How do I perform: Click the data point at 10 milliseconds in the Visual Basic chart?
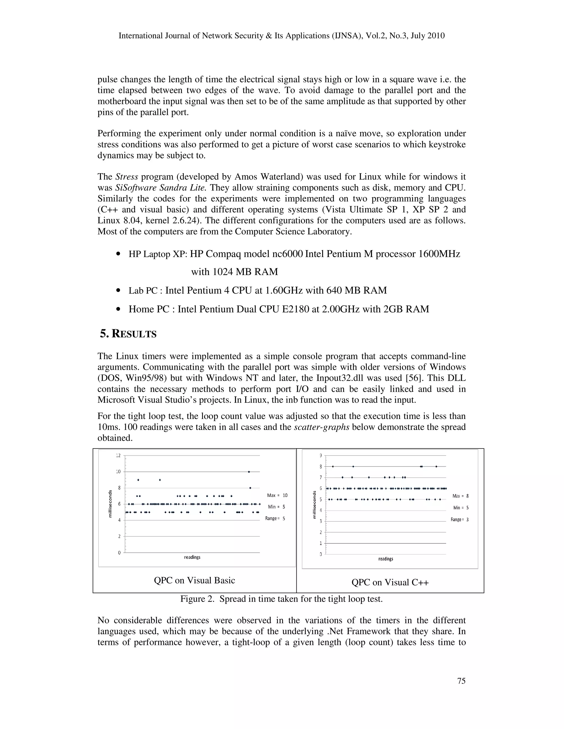click(249, 472)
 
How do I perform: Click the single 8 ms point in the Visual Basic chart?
click(250, 488)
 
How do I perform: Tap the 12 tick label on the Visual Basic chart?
click(118, 456)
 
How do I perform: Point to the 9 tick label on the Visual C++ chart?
click(321, 456)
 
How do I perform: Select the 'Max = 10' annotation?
click(277, 495)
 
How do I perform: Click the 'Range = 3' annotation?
click(459, 519)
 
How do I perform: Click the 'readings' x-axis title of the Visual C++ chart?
click(386, 559)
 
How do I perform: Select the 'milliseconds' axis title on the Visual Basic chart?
click(110, 504)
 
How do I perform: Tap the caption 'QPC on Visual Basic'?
click(194, 580)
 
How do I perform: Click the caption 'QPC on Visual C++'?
click(390, 582)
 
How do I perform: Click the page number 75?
click(461, 681)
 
